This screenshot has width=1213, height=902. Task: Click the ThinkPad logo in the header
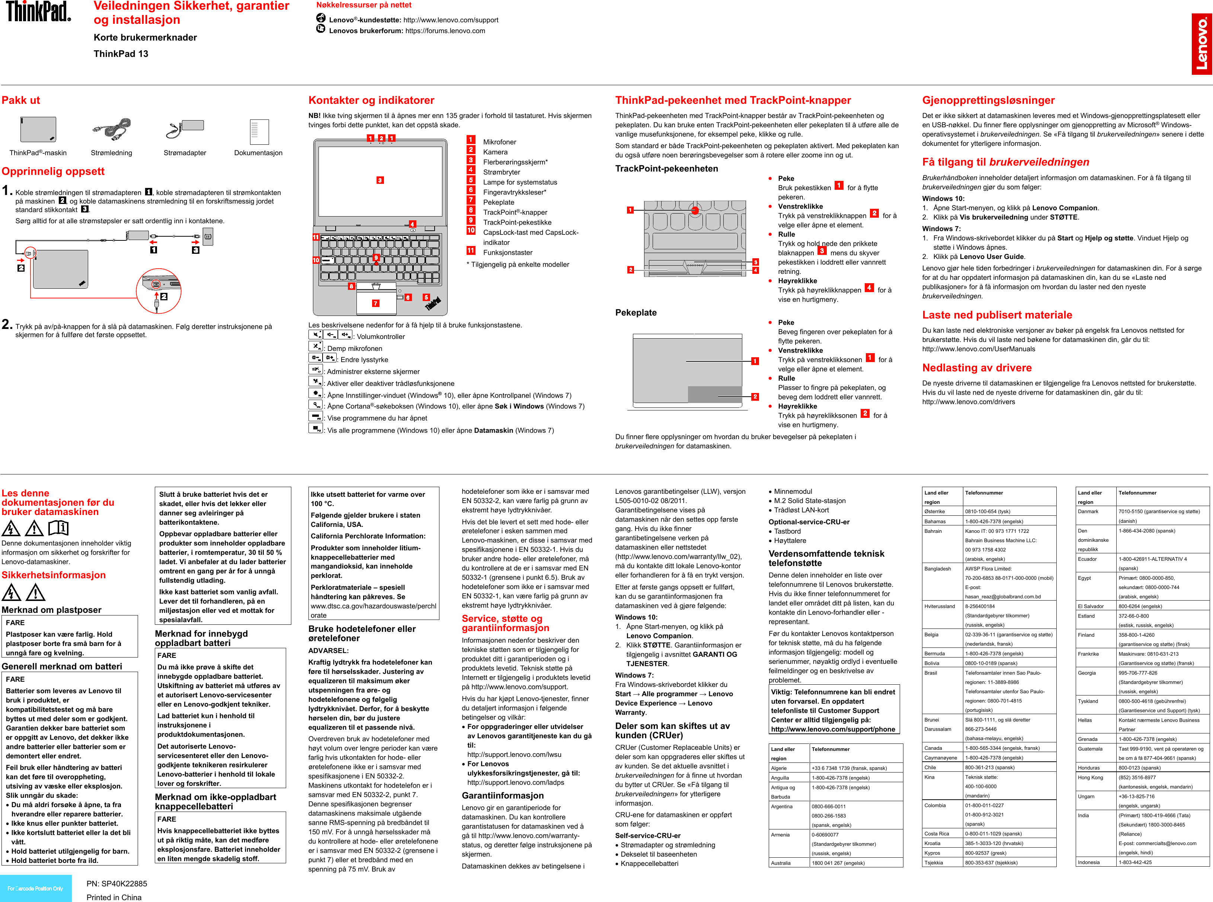pyautogui.click(x=38, y=12)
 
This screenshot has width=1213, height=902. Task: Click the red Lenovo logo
pyautogui.click(x=1201, y=44)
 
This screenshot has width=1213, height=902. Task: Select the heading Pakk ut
pyautogui.click(x=21, y=100)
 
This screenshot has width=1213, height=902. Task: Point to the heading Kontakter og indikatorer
pyautogui.click(x=371, y=100)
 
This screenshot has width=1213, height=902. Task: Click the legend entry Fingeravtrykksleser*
pyautogui.click(x=514, y=192)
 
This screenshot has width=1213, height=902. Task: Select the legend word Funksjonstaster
pyautogui.click(x=507, y=252)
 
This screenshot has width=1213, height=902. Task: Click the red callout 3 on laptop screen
pyautogui.click(x=380, y=180)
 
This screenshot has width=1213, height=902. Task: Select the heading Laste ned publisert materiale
pyautogui.click(x=997, y=315)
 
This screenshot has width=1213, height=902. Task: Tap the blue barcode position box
pyautogui.click(x=35, y=888)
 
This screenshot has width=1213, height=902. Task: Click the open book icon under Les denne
pyautogui.click(x=58, y=528)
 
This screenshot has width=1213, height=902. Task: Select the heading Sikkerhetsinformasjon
pyautogui.click(x=54, y=575)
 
